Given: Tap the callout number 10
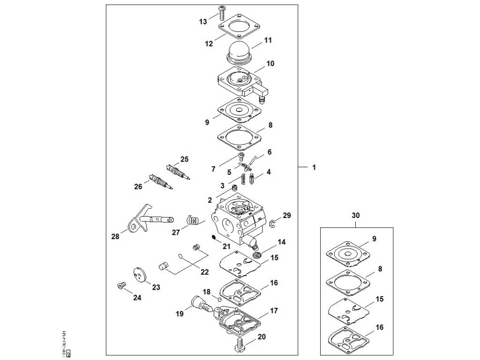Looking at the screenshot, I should pos(270,63).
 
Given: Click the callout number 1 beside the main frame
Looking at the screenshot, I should pos(314,167).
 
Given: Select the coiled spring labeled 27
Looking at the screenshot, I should pos(193,220).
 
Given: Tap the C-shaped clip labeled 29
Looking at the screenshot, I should pos(272,222).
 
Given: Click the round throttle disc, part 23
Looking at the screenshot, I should pos(138,275).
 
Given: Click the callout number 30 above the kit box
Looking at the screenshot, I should pos(356,216).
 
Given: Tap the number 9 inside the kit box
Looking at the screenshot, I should pos(374,239).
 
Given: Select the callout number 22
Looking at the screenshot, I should pos(204,272).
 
